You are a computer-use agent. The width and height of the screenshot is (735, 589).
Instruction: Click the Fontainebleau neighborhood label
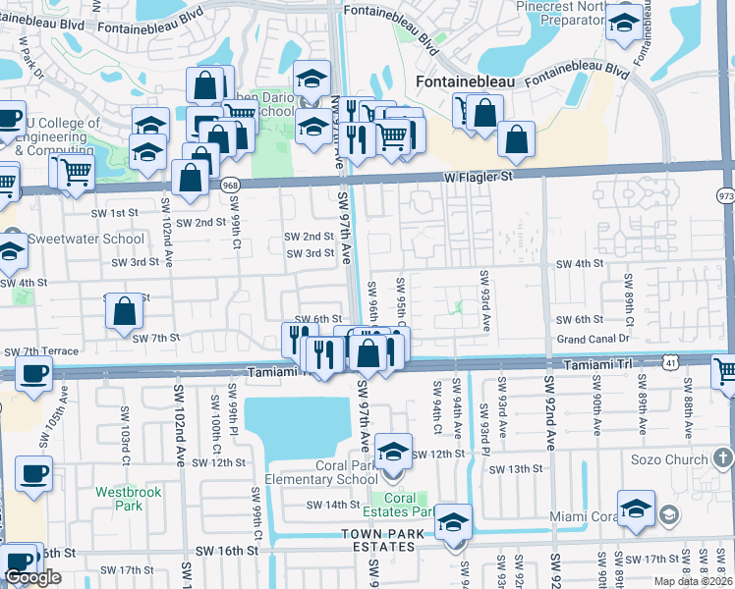click(x=466, y=82)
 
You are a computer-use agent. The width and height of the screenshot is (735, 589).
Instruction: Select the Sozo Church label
click(x=671, y=459)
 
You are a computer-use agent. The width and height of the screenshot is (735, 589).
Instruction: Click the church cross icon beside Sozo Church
click(x=722, y=458)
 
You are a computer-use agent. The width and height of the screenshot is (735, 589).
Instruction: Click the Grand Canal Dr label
click(x=593, y=339)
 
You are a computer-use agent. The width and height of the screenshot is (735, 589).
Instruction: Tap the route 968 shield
click(x=230, y=185)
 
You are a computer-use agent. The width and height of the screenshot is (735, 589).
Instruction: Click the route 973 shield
click(x=726, y=195)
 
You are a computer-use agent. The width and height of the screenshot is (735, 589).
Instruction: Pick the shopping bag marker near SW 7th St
click(x=125, y=311)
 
